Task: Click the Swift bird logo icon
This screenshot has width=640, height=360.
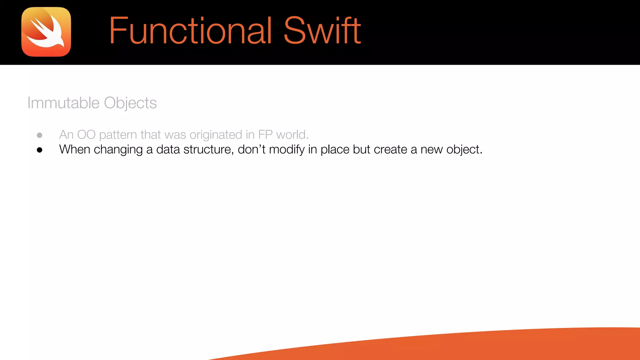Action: [46, 32]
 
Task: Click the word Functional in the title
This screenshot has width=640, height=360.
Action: [190, 31]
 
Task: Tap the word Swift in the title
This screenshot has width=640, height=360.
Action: [322, 31]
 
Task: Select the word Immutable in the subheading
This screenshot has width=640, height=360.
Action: [63, 103]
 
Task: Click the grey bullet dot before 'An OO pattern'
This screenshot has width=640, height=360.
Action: [39, 135]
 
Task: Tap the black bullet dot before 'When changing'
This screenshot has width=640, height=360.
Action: [39, 150]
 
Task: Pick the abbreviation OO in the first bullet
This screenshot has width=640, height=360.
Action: [86, 135]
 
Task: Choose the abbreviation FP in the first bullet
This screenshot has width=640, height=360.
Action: [265, 135]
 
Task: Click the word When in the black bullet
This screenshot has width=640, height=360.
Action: [75, 149]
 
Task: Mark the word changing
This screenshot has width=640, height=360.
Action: [118, 150]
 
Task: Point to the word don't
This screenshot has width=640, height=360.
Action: [252, 149]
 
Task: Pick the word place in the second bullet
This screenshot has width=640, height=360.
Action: [335, 150]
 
